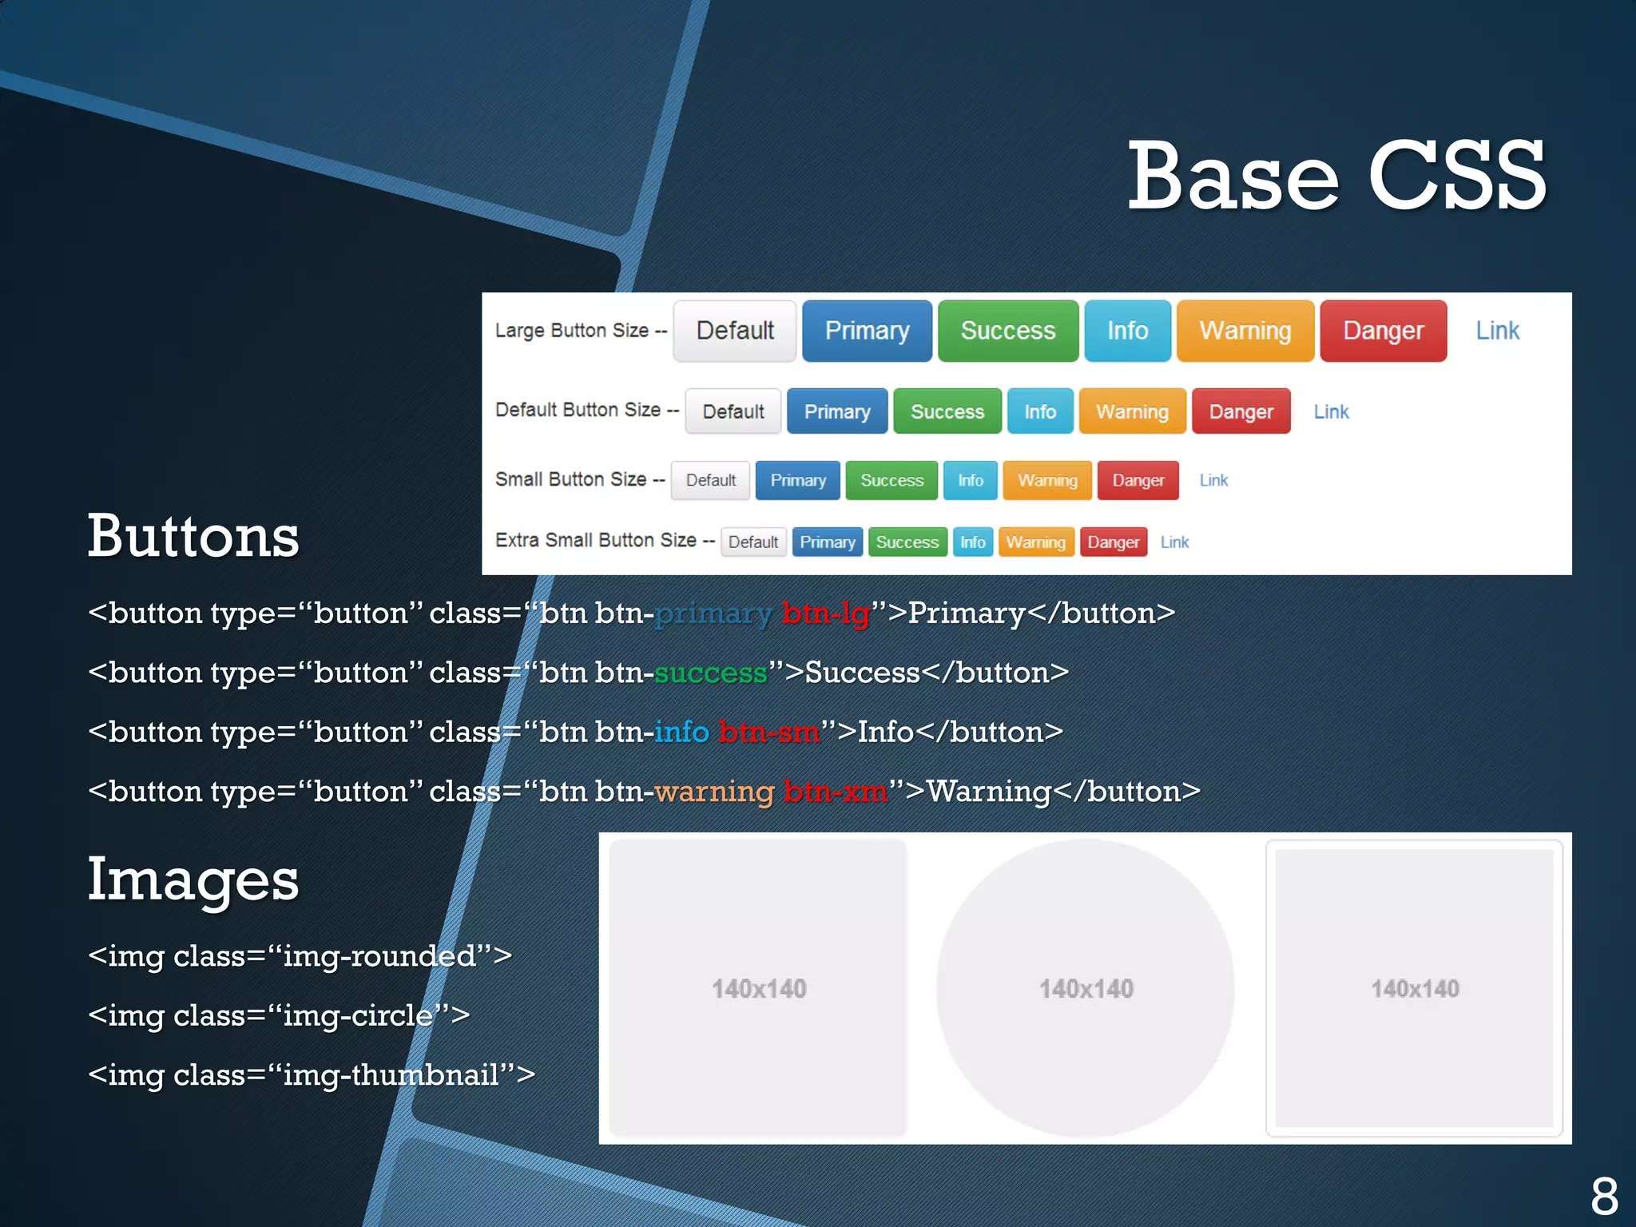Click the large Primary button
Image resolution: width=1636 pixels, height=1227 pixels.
(867, 331)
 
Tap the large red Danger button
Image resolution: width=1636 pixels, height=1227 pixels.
(1383, 331)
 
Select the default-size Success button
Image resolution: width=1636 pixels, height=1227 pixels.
(947, 411)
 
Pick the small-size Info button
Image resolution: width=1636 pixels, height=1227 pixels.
(970, 480)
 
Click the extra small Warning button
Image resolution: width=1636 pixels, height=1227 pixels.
(1035, 542)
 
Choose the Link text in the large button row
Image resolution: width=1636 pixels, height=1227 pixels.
(1497, 331)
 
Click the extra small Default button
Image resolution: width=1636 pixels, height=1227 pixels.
(752, 542)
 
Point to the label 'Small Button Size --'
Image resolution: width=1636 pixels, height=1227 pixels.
(579, 479)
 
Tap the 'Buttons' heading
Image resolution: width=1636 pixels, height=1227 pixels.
(193, 535)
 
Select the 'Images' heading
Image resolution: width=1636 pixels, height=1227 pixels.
(193, 879)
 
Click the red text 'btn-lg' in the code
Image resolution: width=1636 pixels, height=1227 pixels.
(825, 613)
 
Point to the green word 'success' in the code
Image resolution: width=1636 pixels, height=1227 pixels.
(710, 673)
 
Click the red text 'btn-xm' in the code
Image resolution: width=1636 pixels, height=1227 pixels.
(835, 792)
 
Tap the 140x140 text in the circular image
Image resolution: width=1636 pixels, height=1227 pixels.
(1086, 989)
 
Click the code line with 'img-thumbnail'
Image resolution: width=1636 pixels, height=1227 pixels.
(312, 1074)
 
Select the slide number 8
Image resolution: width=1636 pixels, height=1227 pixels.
(1603, 1196)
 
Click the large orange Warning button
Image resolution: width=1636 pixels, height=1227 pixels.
(1245, 331)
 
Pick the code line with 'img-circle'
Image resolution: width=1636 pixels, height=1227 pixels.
(279, 1015)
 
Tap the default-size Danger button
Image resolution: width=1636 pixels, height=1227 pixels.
(1241, 411)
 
